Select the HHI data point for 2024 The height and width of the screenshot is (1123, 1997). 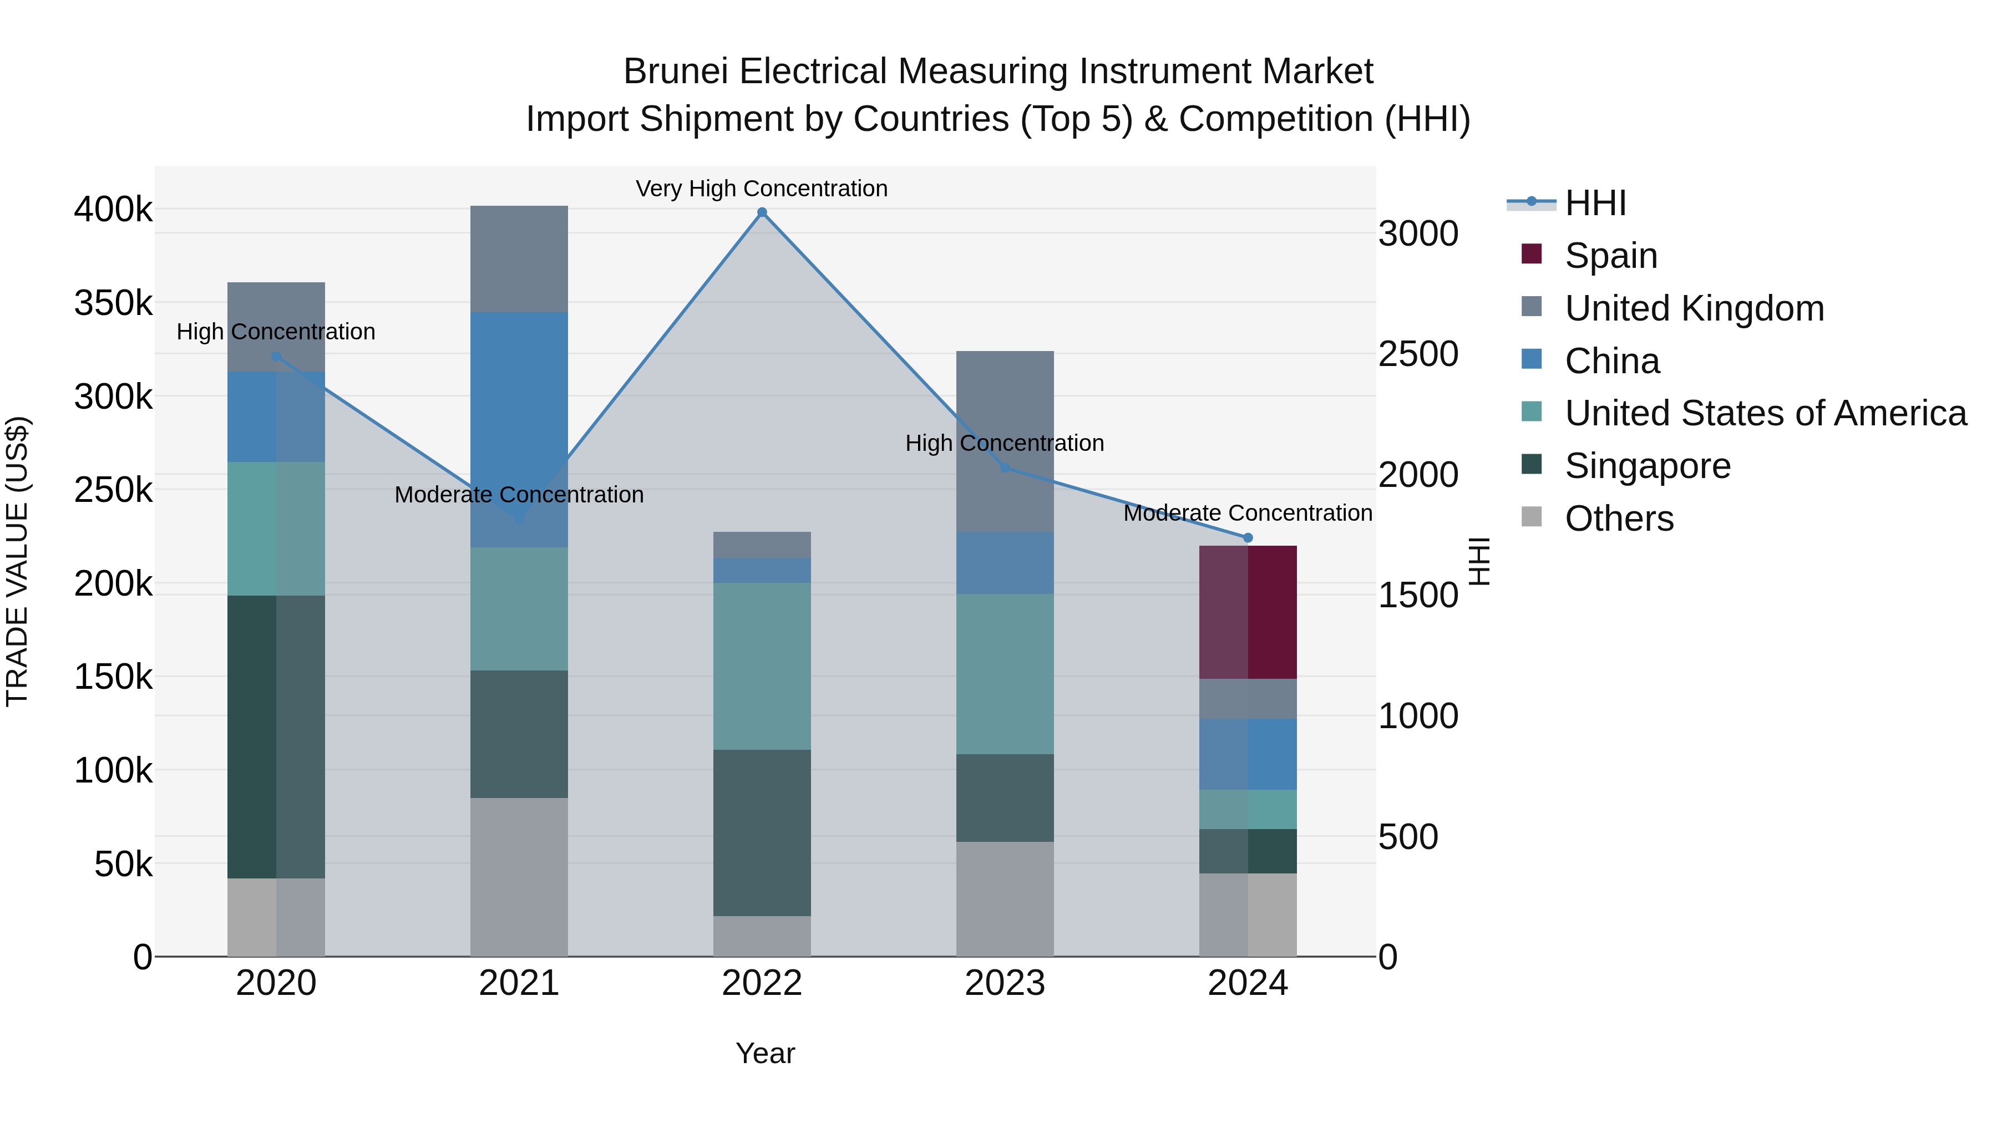coord(1248,538)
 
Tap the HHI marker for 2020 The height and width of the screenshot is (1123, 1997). coord(276,357)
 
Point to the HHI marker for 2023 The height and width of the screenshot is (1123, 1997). coord(1005,468)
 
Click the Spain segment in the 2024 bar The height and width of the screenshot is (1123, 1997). coord(1248,612)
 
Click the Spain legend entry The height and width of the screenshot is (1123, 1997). coord(1610,256)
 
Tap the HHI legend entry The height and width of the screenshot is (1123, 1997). coord(1595,203)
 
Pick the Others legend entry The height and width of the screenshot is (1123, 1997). coord(1619,519)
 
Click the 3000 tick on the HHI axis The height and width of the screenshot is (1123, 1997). coord(1418,234)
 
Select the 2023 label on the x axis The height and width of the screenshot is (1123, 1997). coord(1005,983)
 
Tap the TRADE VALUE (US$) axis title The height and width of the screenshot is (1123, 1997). coord(17,561)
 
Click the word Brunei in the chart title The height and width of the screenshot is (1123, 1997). coord(676,72)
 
